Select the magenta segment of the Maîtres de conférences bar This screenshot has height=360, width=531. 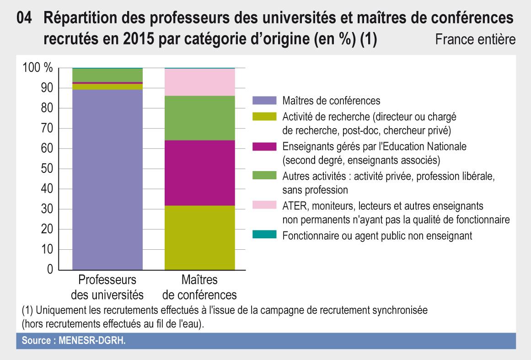[x=199, y=173]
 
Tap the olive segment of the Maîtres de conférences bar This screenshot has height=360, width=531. [x=199, y=237]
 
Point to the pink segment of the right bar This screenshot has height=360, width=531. [x=199, y=82]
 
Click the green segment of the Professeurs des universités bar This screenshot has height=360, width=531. [x=107, y=75]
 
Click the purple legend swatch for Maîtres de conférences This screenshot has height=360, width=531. [x=264, y=100]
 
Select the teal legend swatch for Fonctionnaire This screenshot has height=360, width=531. [x=264, y=235]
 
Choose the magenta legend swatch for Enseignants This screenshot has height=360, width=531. [x=264, y=146]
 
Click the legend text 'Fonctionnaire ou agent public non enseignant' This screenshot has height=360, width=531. [x=377, y=236]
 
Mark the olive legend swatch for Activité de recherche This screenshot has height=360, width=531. [x=264, y=116]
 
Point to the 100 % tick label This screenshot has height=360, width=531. [x=38, y=68]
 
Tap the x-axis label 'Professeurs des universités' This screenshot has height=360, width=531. [x=107, y=286]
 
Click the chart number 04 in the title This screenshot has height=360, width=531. [x=24, y=20]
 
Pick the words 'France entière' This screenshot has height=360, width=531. [x=475, y=39]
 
